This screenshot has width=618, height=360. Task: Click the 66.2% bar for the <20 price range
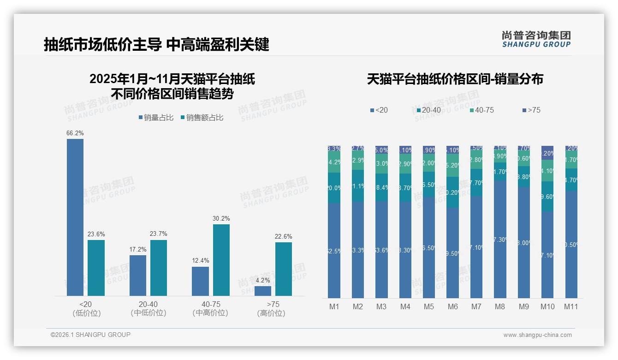pos(75,217)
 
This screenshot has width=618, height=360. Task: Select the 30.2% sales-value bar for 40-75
pos(221,260)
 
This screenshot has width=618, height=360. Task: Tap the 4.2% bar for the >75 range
pos(263,291)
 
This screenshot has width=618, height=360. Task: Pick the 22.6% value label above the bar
pos(284,237)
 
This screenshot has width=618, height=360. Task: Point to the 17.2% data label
pos(138,249)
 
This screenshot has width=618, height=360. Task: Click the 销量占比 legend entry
pos(156,118)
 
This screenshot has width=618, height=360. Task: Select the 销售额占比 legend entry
pos(202,118)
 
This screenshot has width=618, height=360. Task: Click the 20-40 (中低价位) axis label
pos(148,308)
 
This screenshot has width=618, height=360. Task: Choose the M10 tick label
pos(547,306)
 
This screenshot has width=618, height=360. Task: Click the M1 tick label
pos(334,306)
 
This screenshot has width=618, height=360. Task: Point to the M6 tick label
pos(453,306)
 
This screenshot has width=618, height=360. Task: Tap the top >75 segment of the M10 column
pos(547,150)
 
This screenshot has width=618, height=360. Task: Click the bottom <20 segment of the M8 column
pos(500,240)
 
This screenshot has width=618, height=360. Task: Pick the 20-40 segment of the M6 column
pos(453,192)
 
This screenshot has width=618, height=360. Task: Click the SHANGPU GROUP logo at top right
pos(536,39)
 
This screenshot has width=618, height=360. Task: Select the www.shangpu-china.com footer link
pos(537,335)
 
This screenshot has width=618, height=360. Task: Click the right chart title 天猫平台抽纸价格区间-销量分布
pos(455,79)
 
